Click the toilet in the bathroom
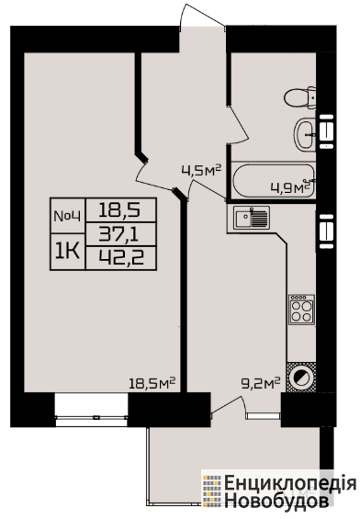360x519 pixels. [x=299, y=97]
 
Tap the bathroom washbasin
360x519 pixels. [x=305, y=134]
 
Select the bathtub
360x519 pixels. [x=274, y=181]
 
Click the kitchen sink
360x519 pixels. [x=251, y=217]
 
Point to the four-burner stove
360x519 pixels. [x=301, y=310]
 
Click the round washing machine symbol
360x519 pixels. [x=301, y=377]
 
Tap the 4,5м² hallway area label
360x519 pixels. [x=201, y=171]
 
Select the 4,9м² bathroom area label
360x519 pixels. [x=290, y=188]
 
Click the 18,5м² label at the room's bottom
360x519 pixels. [x=152, y=384]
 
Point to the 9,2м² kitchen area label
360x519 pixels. [x=261, y=384]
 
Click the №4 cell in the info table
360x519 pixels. [x=67, y=216]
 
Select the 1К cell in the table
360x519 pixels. [x=67, y=252]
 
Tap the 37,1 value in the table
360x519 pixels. [x=121, y=234]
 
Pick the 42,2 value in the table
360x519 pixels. [x=121, y=258]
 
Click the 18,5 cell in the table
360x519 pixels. [x=121, y=210]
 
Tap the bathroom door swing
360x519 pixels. [x=239, y=125]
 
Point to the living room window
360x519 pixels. [x=91, y=410]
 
